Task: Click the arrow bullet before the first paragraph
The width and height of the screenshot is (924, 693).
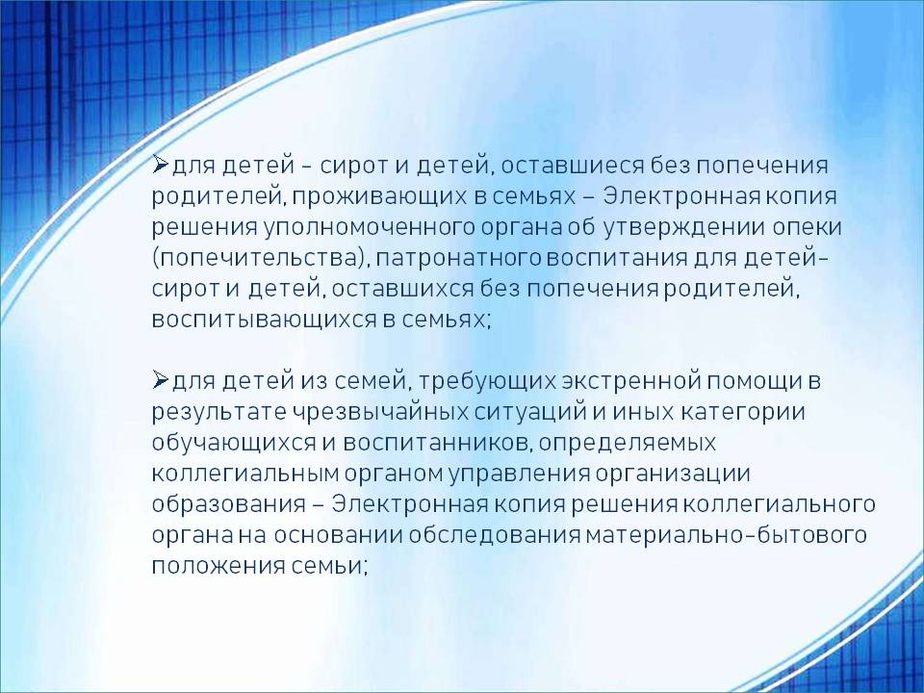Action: pyautogui.click(x=161, y=164)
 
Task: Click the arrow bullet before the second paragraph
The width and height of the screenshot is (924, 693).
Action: pyautogui.click(x=161, y=380)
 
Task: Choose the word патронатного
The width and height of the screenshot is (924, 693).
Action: pyautogui.click(x=456, y=259)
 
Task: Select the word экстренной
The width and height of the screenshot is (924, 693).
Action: pyautogui.click(x=631, y=382)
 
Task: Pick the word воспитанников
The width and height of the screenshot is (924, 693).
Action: pyautogui.click(x=435, y=443)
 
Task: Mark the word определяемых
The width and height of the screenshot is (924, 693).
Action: pyautogui.click(x=628, y=443)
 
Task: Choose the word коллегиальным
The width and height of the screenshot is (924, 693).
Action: pyautogui.click(x=245, y=474)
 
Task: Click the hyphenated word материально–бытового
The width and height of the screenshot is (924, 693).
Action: pyautogui.click(x=727, y=535)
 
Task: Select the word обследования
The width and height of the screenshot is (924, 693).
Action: pyautogui.click(x=495, y=535)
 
